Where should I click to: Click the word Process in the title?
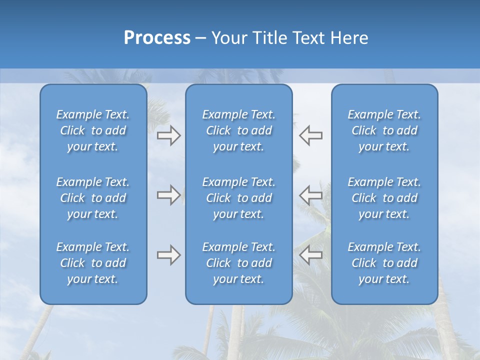tap(157, 38)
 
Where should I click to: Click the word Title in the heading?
tap(269, 38)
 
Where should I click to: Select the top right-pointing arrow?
tap(168, 135)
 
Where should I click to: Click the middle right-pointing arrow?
tap(168, 195)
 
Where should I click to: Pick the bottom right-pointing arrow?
tap(168, 255)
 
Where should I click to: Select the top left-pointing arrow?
tap(311, 135)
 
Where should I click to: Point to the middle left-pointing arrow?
tap(311, 195)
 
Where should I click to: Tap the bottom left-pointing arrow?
tap(311, 255)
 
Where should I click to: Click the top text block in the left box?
tap(93, 130)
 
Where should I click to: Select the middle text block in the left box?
tap(93, 198)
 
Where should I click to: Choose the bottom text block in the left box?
tap(93, 263)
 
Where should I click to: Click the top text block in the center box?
tap(238, 130)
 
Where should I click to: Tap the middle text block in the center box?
tap(238, 198)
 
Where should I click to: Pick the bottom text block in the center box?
tap(238, 263)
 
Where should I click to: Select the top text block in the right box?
tap(384, 130)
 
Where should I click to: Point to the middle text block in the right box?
tap(384, 198)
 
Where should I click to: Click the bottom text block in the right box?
tap(384, 263)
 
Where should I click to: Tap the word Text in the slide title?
tap(309, 38)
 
